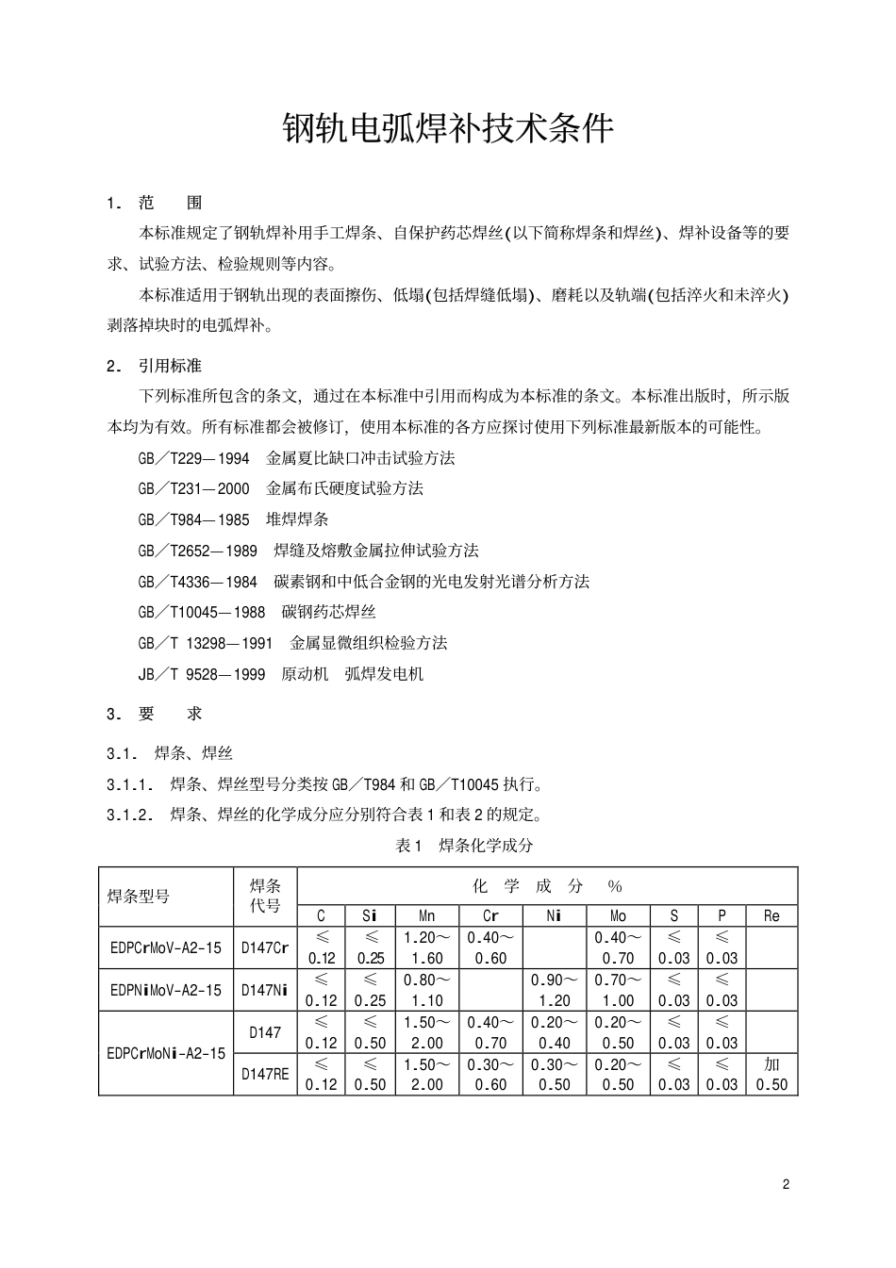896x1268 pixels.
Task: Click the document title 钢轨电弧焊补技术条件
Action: point(448,130)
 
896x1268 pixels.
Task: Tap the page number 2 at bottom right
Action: point(786,1185)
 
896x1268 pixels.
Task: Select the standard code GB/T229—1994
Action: point(193,459)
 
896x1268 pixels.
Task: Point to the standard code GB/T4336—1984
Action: point(197,583)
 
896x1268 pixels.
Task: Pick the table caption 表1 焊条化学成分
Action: point(464,846)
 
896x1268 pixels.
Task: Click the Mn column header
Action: point(427,915)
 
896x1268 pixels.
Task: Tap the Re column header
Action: point(772,915)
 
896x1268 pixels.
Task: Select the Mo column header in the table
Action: point(618,915)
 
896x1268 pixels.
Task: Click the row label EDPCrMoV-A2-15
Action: point(166,948)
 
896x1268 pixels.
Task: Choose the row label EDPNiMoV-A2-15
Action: point(166,990)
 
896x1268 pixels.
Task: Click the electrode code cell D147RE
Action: point(265,1074)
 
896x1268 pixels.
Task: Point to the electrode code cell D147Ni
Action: point(265,990)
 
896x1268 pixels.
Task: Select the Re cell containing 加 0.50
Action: point(772,1074)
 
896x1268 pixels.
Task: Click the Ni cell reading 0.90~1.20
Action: point(555,990)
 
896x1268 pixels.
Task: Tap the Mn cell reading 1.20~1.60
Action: point(427,948)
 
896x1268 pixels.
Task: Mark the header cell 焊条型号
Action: point(139,897)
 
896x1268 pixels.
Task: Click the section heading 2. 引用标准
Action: point(155,366)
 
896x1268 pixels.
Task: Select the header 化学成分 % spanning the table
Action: point(547,886)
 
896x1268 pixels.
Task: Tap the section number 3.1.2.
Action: point(130,815)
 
